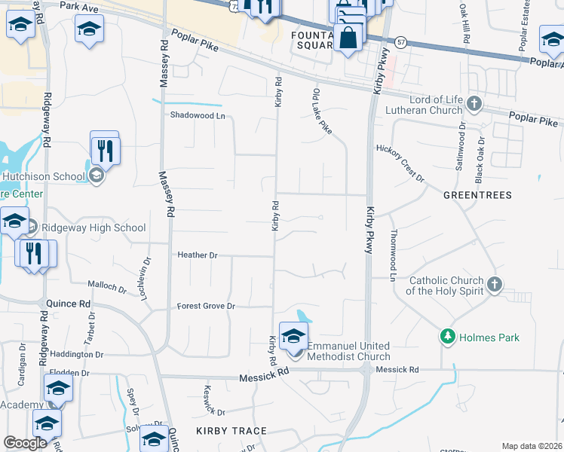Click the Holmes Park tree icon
448,337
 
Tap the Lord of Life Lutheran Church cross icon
474,103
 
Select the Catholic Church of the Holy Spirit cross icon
495,284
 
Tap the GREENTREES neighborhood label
477,195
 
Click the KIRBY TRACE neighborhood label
231,431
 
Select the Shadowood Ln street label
198,115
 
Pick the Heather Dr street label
198,255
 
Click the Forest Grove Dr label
207,307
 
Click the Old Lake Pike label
323,111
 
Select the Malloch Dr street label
107,286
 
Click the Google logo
26,443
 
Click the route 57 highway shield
401,43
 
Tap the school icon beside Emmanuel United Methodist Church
293,335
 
